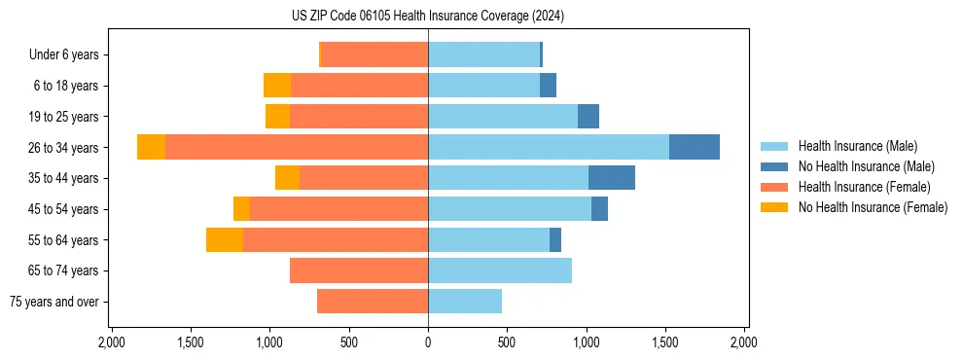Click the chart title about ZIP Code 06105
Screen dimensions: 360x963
click(427, 16)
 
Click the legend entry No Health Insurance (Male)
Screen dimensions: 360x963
click(866, 166)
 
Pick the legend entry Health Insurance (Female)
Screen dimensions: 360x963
click(865, 187)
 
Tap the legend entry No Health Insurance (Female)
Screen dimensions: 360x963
click(873, 207)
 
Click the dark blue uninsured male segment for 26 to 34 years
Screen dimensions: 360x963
click(695, 147)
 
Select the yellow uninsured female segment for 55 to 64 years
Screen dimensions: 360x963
click(225, 239)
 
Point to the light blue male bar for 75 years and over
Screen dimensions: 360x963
click(465, 302)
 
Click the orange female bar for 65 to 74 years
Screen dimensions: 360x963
click(359, 270)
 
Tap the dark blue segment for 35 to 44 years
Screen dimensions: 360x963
click(612, 178)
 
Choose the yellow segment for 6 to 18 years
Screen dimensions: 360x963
click(277, 86)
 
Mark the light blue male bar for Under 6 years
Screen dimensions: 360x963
click(483, 54)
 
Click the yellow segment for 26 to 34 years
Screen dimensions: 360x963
click(151, 147)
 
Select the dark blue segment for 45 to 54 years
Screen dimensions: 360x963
click(599, 209)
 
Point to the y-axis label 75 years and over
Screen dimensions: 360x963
click(54, 302)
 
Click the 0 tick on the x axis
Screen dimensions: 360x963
click(428, 342)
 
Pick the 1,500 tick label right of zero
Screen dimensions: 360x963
click(665, 342)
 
